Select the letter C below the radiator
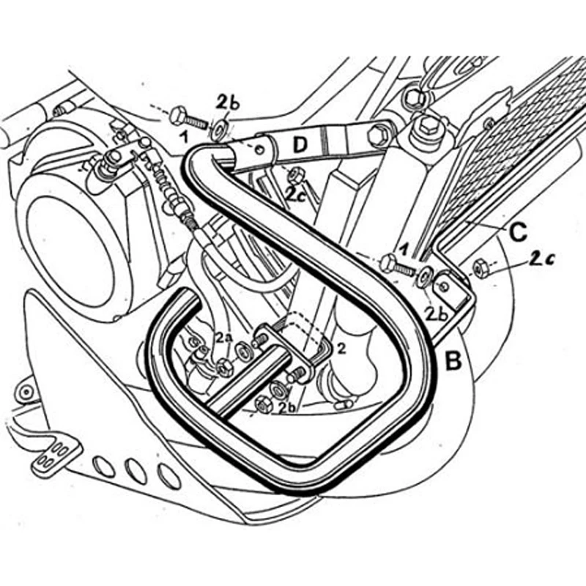(516, 234)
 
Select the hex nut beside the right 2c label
(481, 269)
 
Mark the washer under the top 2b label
(218, 130)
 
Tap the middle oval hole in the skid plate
(133, 467)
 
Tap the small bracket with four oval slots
(52, 458)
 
